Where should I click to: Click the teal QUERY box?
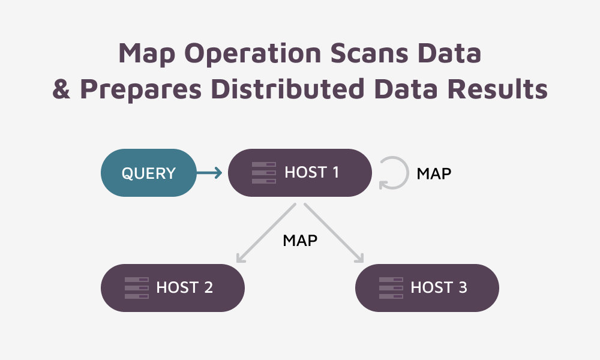click(x=148, y=173)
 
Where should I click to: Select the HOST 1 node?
click(x=299, y=173)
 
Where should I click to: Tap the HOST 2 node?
click(x=172, y=288)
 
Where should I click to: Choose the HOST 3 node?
click(x=427, y=288)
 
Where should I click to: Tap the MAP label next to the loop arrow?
click(x=434, y=173)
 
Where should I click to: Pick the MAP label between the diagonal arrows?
click(x=300, y=241)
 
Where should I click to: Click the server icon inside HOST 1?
click(x=263, y=173)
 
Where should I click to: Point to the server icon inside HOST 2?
click(x=136, y=288)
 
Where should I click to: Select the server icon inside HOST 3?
click(x=391, y=288)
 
